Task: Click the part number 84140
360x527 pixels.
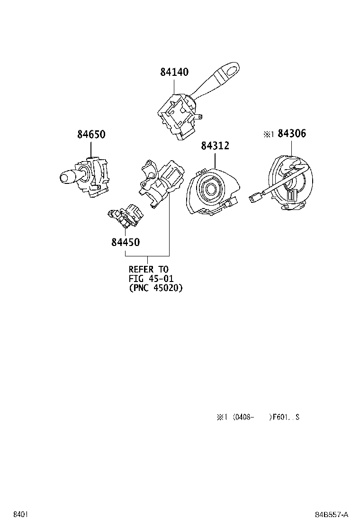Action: tap(174, 72)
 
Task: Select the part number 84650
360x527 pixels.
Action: tap(91, 135)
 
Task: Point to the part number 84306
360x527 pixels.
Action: tap(292, 134)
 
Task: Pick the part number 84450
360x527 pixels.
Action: tap(126, 242)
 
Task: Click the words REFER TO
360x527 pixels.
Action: tap(148, 270)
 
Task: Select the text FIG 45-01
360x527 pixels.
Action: tap(150, 278)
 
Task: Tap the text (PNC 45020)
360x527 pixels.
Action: tap(155, 287)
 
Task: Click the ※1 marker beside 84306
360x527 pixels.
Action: tap(269, 134)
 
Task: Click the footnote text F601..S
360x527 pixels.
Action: tap(285, 417)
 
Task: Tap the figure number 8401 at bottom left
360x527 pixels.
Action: tap(19, 514)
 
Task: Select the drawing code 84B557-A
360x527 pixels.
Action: tap(332, 514)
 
